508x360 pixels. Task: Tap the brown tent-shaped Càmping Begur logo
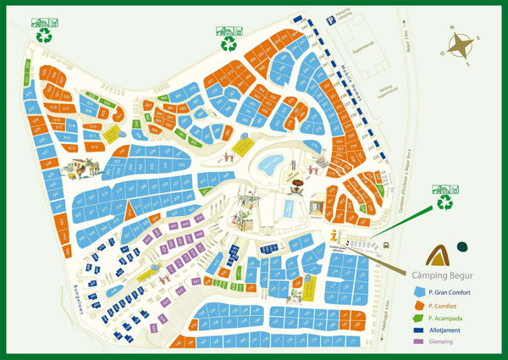pos(437,251)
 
